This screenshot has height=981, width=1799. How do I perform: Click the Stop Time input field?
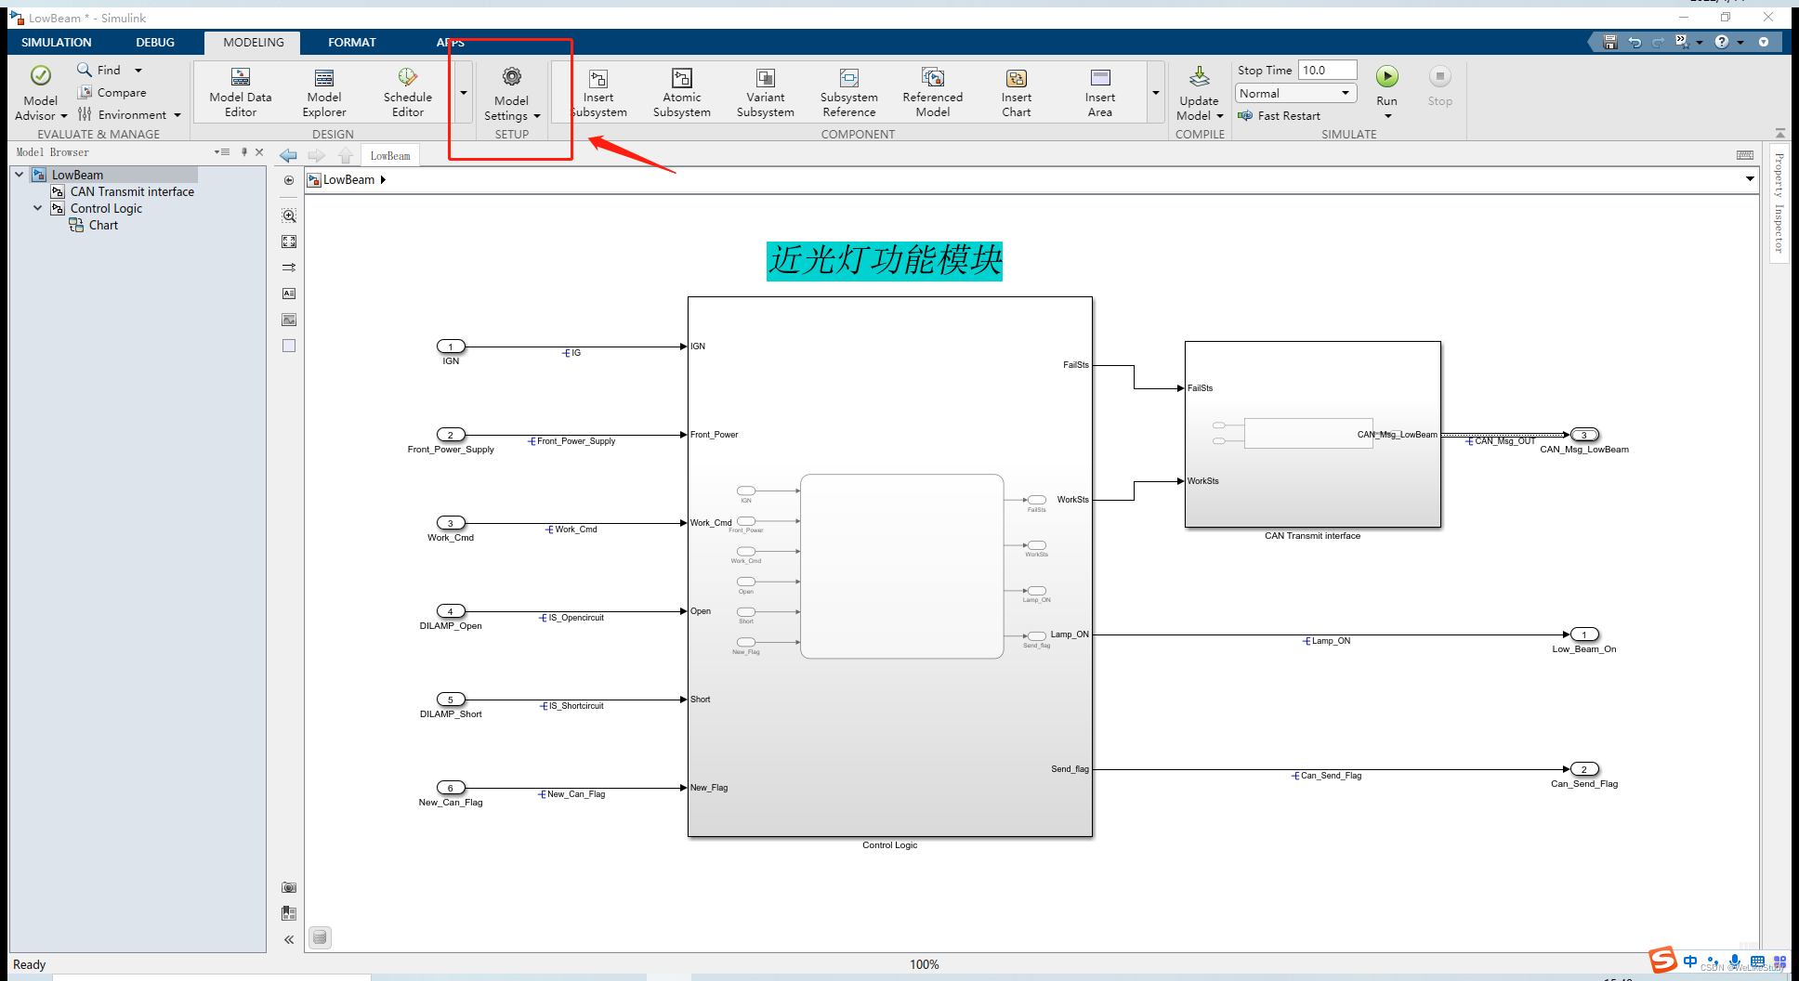[x=1327, y=71]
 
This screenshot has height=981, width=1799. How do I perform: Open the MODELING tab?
[x=254, y=43]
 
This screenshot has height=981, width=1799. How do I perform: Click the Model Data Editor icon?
[x=241, y=78]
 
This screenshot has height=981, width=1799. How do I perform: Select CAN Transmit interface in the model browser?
[x=132, y=192]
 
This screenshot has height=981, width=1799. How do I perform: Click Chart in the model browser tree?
[x=103, y=226]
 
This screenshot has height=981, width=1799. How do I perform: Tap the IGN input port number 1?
[x=451, y=347]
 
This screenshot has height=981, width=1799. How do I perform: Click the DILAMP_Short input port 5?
[x=451, y=700]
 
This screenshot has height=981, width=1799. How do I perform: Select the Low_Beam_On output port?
[x=1584, y=634]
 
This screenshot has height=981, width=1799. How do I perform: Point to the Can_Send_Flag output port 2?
[x=1584, y=769]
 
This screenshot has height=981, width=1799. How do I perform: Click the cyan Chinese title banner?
[x=885, y=261]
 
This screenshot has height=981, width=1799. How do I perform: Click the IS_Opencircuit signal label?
[x=576, y=618]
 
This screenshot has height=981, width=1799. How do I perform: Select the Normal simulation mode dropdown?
[x=1295, y=94]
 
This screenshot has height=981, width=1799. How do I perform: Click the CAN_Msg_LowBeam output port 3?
[x=1584, y=435]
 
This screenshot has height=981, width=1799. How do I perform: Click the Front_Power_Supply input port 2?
[x=451, y=435]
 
